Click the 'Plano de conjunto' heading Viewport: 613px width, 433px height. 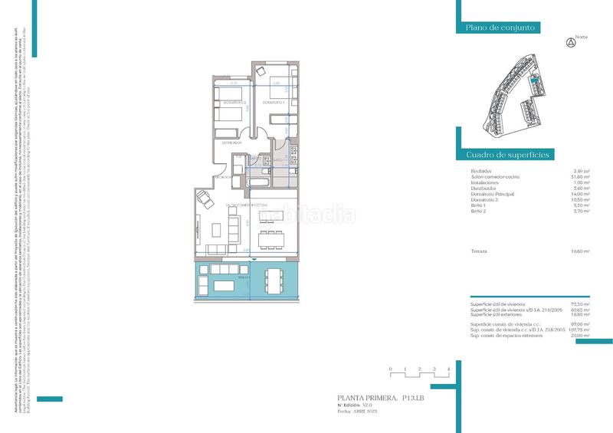coord(500,28)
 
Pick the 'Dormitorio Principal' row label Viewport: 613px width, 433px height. coord(493,195)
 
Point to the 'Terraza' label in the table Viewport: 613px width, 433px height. coord(480,251)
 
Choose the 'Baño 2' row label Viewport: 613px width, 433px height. coord(478,212)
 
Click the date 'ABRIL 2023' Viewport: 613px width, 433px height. coord(368,412)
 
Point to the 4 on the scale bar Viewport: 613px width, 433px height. coord(447,370)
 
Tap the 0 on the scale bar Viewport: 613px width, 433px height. coord(390,370)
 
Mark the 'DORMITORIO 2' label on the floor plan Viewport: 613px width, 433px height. coord(233,102)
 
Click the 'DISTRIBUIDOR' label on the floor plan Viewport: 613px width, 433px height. coord(232,143)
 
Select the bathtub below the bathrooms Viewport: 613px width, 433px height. coord(261,185)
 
